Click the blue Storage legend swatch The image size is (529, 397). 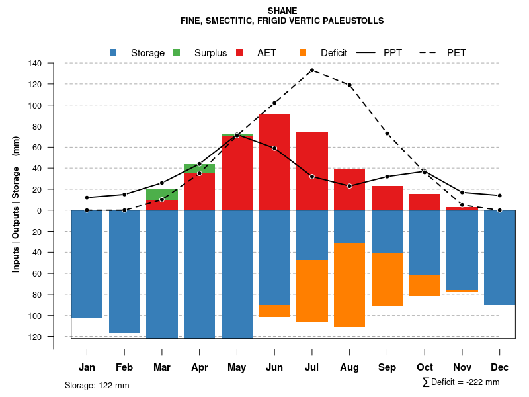[x=114, y=52]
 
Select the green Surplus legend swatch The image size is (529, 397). [x=177, y=52]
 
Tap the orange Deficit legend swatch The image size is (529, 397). [x=303, y=52]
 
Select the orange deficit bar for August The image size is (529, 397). [x=350, y=285]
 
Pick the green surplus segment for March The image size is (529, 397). [x=161, y=194]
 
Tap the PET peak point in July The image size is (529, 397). [x=312, y=70]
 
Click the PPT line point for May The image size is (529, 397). [x=237, y=136]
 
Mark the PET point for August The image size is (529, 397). [x=350, y=85]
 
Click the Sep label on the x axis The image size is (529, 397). [x=387, y=367]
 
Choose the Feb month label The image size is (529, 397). [x=124, y=367]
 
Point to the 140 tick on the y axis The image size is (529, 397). [x=35, y=64]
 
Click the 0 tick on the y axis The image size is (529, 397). [x=39, y=210]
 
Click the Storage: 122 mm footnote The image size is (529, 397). [x=97, y=385]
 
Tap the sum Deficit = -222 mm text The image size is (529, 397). [x=460, y=382]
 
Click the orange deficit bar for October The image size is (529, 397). [x=425, y=285]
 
